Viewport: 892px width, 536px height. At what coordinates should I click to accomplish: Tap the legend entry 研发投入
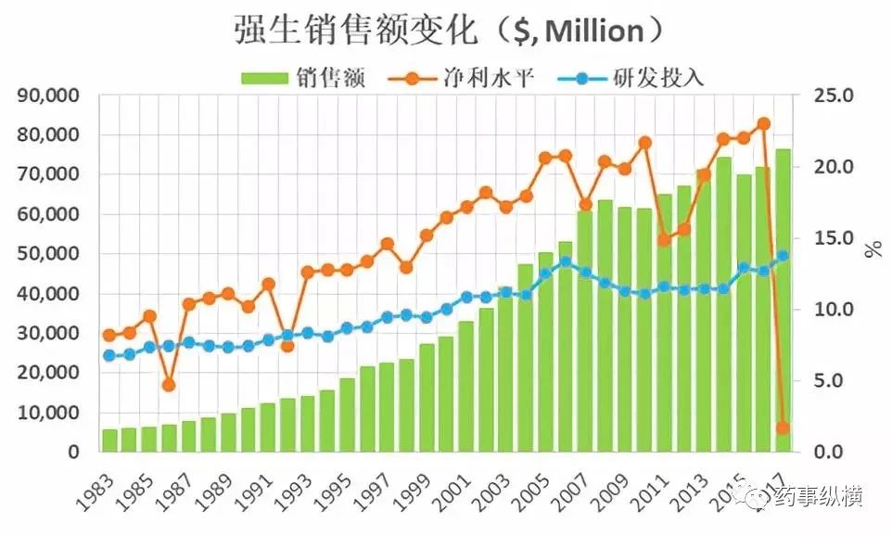[659, 78]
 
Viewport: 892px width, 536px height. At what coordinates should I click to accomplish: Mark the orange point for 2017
[783, 428]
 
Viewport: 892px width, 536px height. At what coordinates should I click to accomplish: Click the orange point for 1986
[168, 384]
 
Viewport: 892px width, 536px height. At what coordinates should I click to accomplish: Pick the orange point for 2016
[763, 123]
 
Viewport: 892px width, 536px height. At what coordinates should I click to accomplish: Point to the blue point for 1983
[109, 355]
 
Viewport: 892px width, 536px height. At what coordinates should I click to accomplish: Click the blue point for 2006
[565, 262]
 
